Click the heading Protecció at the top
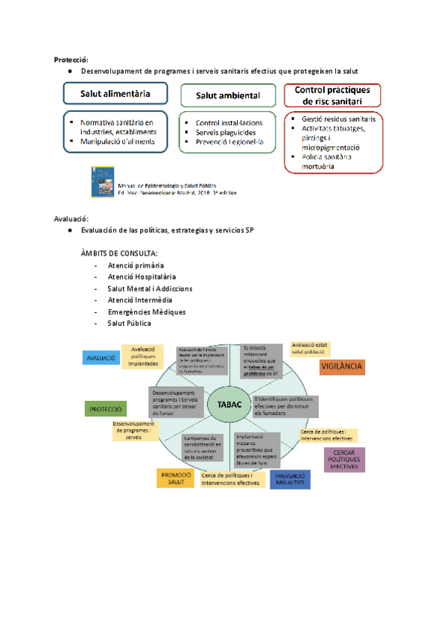(x=72, y=59)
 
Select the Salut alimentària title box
(x=115, y=95)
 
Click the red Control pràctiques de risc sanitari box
(x=332, y=95)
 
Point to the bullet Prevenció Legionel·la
(x=229, y=142)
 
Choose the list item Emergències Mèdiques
(x=146, y=312)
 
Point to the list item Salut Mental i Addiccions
(x=150, y=288)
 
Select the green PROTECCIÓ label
(x=106, y=408)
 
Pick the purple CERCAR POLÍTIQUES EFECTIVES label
(x=344, y=459)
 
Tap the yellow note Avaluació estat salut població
(x=310, y=349)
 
